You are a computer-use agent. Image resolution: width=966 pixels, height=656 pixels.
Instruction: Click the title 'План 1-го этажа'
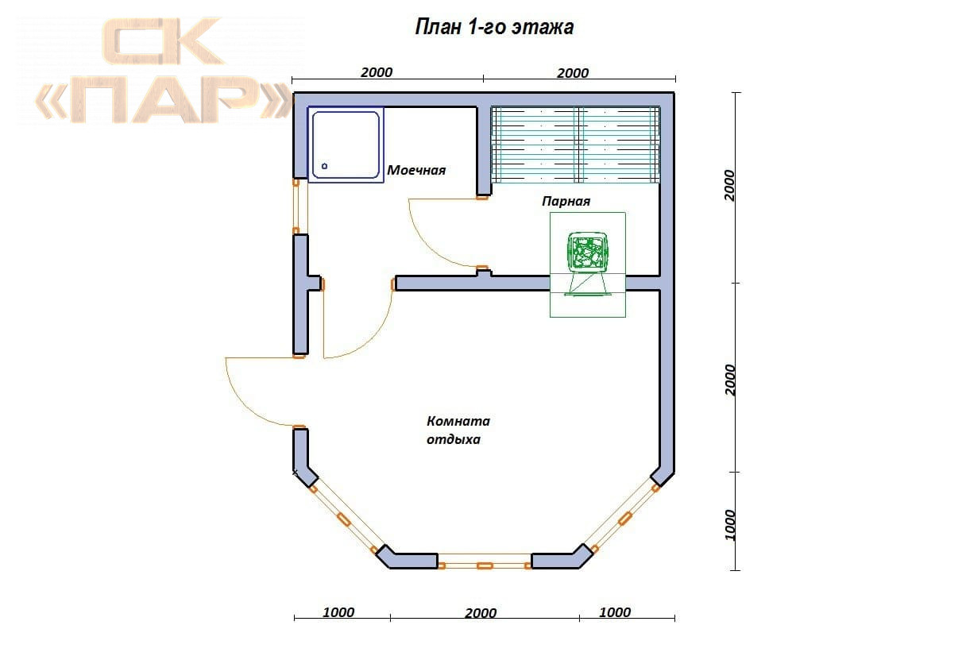494,27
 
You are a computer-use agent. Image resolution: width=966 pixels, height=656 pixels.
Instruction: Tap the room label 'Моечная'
416,170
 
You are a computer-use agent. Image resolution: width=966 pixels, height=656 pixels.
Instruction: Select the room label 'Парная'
566,201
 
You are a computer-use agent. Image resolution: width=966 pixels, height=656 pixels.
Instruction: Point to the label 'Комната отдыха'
458,430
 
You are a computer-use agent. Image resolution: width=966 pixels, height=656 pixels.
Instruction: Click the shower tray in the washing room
346,145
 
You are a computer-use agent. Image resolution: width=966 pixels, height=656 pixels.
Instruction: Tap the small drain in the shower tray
324,166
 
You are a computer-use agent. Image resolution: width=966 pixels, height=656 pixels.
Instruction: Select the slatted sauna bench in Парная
576,145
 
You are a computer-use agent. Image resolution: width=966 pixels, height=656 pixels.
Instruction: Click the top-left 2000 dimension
377,72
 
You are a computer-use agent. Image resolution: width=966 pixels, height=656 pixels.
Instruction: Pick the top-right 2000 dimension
572,73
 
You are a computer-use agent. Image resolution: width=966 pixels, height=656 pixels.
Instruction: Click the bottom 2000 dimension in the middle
481,612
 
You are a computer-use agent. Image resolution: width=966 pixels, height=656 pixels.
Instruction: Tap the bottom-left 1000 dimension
338,612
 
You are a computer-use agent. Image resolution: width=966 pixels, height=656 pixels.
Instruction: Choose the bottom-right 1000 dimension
615,612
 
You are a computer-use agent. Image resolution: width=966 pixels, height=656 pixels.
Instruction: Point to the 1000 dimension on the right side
730,524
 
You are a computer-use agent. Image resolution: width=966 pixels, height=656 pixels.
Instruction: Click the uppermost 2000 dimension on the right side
729,185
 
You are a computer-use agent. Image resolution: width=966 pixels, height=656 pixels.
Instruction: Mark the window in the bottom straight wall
485,561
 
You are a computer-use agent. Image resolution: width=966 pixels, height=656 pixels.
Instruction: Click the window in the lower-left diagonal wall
344,519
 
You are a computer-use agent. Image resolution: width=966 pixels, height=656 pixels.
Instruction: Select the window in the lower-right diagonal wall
625,519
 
